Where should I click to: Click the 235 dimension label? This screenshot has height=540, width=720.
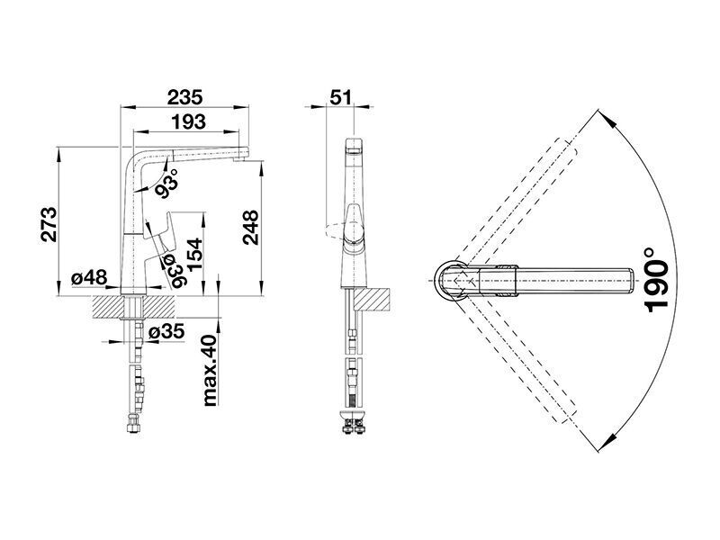pyautogui.click(x=184, y=97)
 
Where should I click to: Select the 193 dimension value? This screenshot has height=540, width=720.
pyautogui.click(x=189, y=121)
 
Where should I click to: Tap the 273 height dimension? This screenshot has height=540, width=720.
pyautogui.click(x=49, y=224)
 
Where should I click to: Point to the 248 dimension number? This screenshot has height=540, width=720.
pyautogui.click(x=251, y=228)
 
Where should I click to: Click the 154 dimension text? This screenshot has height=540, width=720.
pyautogui.click(x=193, y=255)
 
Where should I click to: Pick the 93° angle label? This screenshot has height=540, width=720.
pyautogui.click(x=166, y=184)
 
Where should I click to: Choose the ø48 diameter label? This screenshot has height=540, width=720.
pyautogui.click(x=89, y=277)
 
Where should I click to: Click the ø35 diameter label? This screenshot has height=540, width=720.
pyautogui.click(x=166, y=330)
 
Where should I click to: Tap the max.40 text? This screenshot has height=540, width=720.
pyautogui.click(x=209, y=370)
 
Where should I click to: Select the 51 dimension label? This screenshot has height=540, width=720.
pyautogui.click(x=340, y=97)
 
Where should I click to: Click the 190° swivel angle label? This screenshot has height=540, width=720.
pyautogui.click(x=656, y=279)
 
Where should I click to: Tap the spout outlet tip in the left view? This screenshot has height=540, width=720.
pyautogui.click(x=240, y=159)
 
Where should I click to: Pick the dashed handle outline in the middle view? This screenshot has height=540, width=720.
pyautogui.click(x=335, y=229)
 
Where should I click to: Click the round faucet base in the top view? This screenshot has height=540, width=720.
pyautogui.click(x=451, y=280)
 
